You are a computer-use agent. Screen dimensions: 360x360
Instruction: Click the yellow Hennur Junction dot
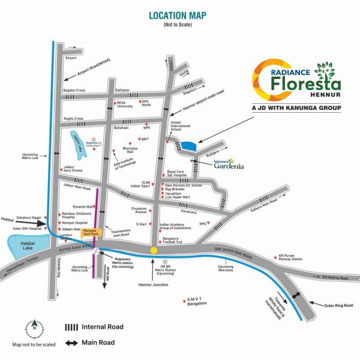tap(154, 250)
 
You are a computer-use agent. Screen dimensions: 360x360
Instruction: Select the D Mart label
tap(142, 224)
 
